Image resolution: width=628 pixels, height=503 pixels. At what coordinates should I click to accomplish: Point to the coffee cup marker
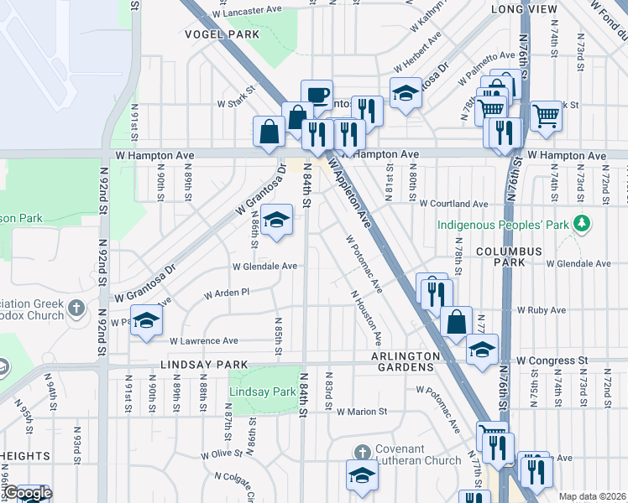tap(317, 94)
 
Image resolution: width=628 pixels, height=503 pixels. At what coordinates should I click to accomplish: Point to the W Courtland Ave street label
tap(454, 204)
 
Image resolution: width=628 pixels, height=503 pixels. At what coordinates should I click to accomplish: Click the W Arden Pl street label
tap(228, 294)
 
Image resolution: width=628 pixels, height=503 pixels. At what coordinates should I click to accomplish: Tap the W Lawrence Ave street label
tap(204, 341)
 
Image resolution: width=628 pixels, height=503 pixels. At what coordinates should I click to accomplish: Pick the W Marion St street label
tap(362, 412)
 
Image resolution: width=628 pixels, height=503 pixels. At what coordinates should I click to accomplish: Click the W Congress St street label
tap(552, 360)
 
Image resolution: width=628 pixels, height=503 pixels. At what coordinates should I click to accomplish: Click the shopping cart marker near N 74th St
tap(546, 115)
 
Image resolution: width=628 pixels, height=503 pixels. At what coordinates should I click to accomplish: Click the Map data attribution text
tap(592, 496)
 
